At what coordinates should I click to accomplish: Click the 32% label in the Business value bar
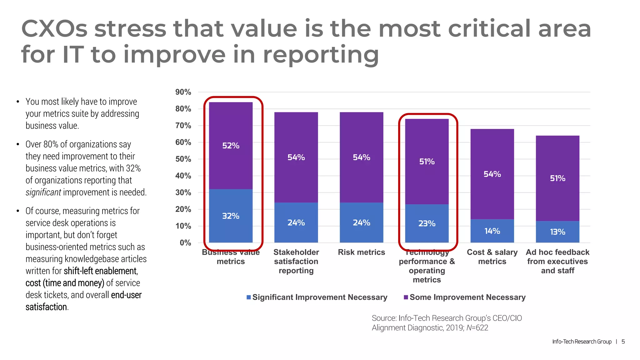[231, 216]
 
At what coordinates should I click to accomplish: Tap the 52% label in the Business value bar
[231, 146]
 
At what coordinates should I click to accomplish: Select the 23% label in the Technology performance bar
[427, 223]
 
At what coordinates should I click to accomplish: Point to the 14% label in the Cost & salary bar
[492, 231]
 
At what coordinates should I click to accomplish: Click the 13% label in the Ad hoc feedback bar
[557, 232]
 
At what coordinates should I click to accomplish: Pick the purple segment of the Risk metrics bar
[362, 131]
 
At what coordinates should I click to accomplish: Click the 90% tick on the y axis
[183, 92]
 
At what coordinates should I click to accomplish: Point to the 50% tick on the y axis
[183, 159]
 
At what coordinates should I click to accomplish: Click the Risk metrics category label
[362, 252]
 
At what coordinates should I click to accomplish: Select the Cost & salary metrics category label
[492, 257]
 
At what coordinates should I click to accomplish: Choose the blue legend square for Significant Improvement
[249, 297]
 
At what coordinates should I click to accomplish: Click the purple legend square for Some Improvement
[406, 297]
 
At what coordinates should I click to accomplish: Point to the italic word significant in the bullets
[43, 192]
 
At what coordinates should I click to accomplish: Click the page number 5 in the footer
[623, 342]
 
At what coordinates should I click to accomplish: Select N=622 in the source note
[477, 328]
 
